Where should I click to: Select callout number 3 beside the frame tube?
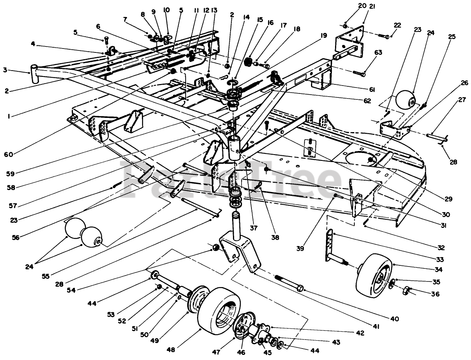pos(5,70)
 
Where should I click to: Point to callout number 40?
pos(395,318)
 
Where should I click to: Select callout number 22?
pos(397,25)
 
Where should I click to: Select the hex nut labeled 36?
pos(405,291)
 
